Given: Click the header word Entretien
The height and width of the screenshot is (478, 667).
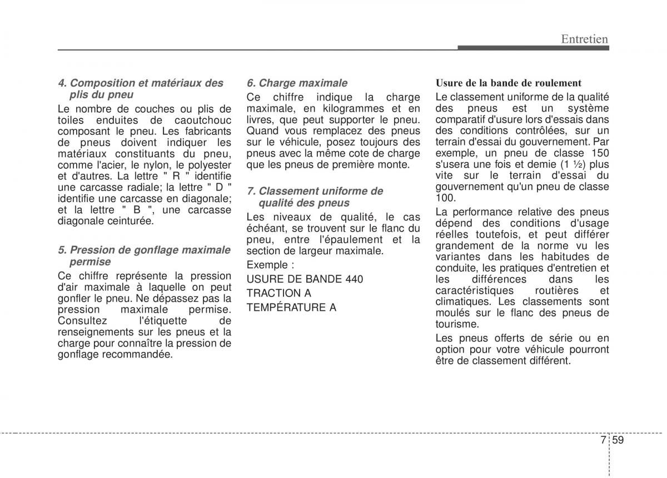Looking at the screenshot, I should [584, 38].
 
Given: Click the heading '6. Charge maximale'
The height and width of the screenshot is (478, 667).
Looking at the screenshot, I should [297, 83].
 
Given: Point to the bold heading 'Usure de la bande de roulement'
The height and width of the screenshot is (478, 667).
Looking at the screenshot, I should [508, 83].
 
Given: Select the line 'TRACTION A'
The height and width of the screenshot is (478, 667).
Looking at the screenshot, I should [279, 293].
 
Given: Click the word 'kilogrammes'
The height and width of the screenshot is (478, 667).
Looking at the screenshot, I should [346, 108].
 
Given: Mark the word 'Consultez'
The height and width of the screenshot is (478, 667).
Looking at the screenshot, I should [79, 321].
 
